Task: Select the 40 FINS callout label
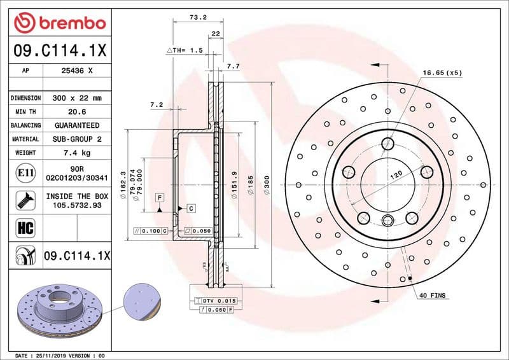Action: click(433, 296)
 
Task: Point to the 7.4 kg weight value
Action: click(77, 153)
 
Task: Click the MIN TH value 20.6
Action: click(77, 111)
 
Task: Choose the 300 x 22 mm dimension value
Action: click(77, 98)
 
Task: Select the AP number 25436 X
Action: click(77, 71)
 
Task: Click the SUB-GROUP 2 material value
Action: click(77, 139)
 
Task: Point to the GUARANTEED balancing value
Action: click(77, 125)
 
